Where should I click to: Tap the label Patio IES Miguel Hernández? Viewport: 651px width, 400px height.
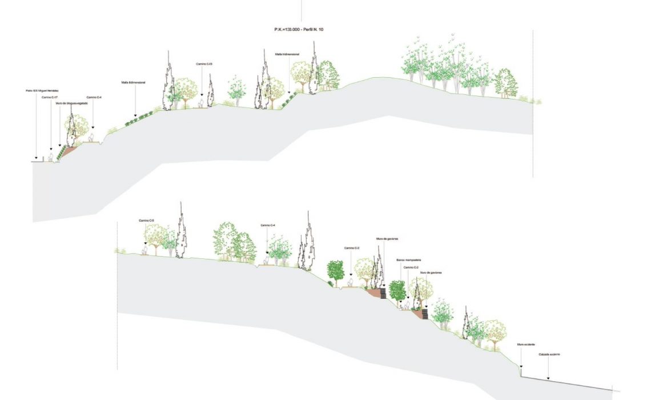pos(42,90)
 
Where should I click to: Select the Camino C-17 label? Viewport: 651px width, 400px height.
pos(50,97)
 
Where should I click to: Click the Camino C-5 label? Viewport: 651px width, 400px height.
pos(146,221)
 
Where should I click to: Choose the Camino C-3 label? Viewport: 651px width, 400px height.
pos(352,247)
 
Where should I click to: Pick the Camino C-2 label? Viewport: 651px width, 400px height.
pos(411,267)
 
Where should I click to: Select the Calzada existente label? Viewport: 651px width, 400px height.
pos(549,355)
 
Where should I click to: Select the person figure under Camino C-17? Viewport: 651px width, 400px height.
pos(50,156)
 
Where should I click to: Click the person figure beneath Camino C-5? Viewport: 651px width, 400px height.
pos(145,249)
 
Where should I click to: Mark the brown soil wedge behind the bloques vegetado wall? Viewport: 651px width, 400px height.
pos(68,151)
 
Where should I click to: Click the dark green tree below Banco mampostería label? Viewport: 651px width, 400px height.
pos(397,293)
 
